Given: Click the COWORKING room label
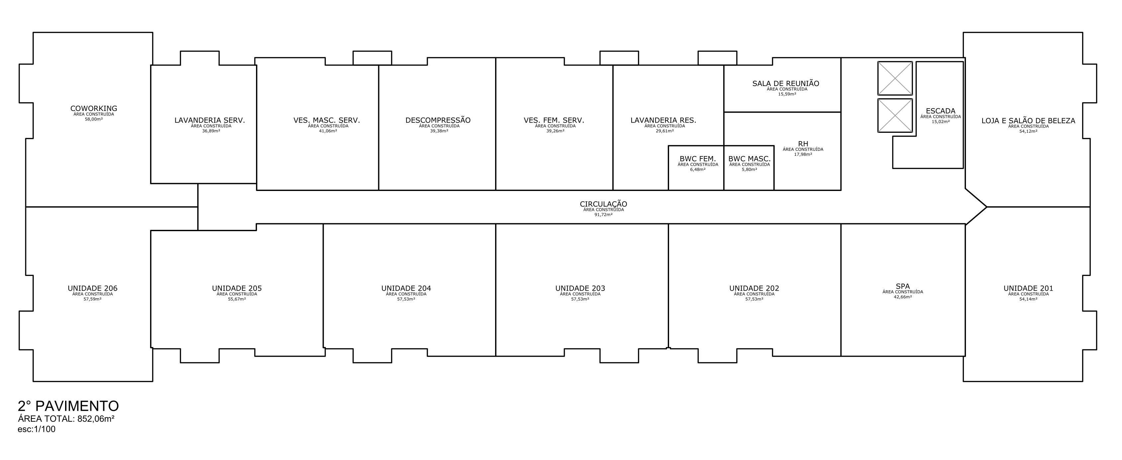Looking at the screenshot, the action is pos(94,109).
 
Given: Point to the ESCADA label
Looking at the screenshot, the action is pos(940,111).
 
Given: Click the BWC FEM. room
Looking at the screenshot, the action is pos(696,168).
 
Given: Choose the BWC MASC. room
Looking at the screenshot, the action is pos(749,168).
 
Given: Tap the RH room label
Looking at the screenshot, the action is pos(803,144).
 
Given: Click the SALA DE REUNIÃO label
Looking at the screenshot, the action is pos(786,83).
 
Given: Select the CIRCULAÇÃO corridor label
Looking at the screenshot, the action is pos(603,204).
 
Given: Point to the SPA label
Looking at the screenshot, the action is pos(903,286).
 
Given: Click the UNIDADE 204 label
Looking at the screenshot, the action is pos(406,288).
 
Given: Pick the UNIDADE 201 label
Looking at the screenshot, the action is pos(1028,288).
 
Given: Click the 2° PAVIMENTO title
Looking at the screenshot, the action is pos(68,406).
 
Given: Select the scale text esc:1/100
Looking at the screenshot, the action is pos(37,429).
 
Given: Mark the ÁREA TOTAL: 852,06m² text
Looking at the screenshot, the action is pos(66,419).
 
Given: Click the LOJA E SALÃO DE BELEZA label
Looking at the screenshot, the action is pos(1028,121).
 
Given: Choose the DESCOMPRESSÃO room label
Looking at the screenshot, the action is pos(438,120).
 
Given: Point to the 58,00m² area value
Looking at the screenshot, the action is pos(94,119).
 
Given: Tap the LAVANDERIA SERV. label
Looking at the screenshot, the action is pos(210,120).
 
